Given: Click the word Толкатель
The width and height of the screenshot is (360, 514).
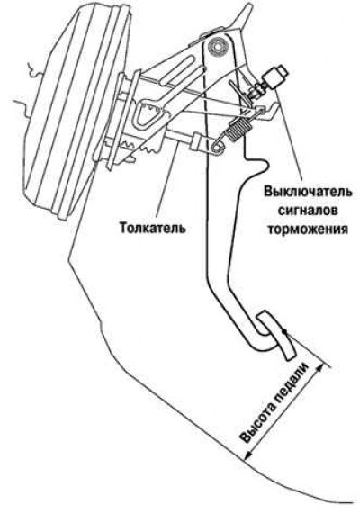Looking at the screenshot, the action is click(x=152, y=228).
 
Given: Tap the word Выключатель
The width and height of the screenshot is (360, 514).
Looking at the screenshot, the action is click(x=308, y=191).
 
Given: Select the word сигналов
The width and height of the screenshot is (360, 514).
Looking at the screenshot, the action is click(x=308, y=210).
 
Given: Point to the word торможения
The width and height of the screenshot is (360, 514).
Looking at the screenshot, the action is click(x=308, y=230).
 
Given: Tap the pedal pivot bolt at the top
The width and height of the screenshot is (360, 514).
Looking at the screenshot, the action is click(x=218, y=46).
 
